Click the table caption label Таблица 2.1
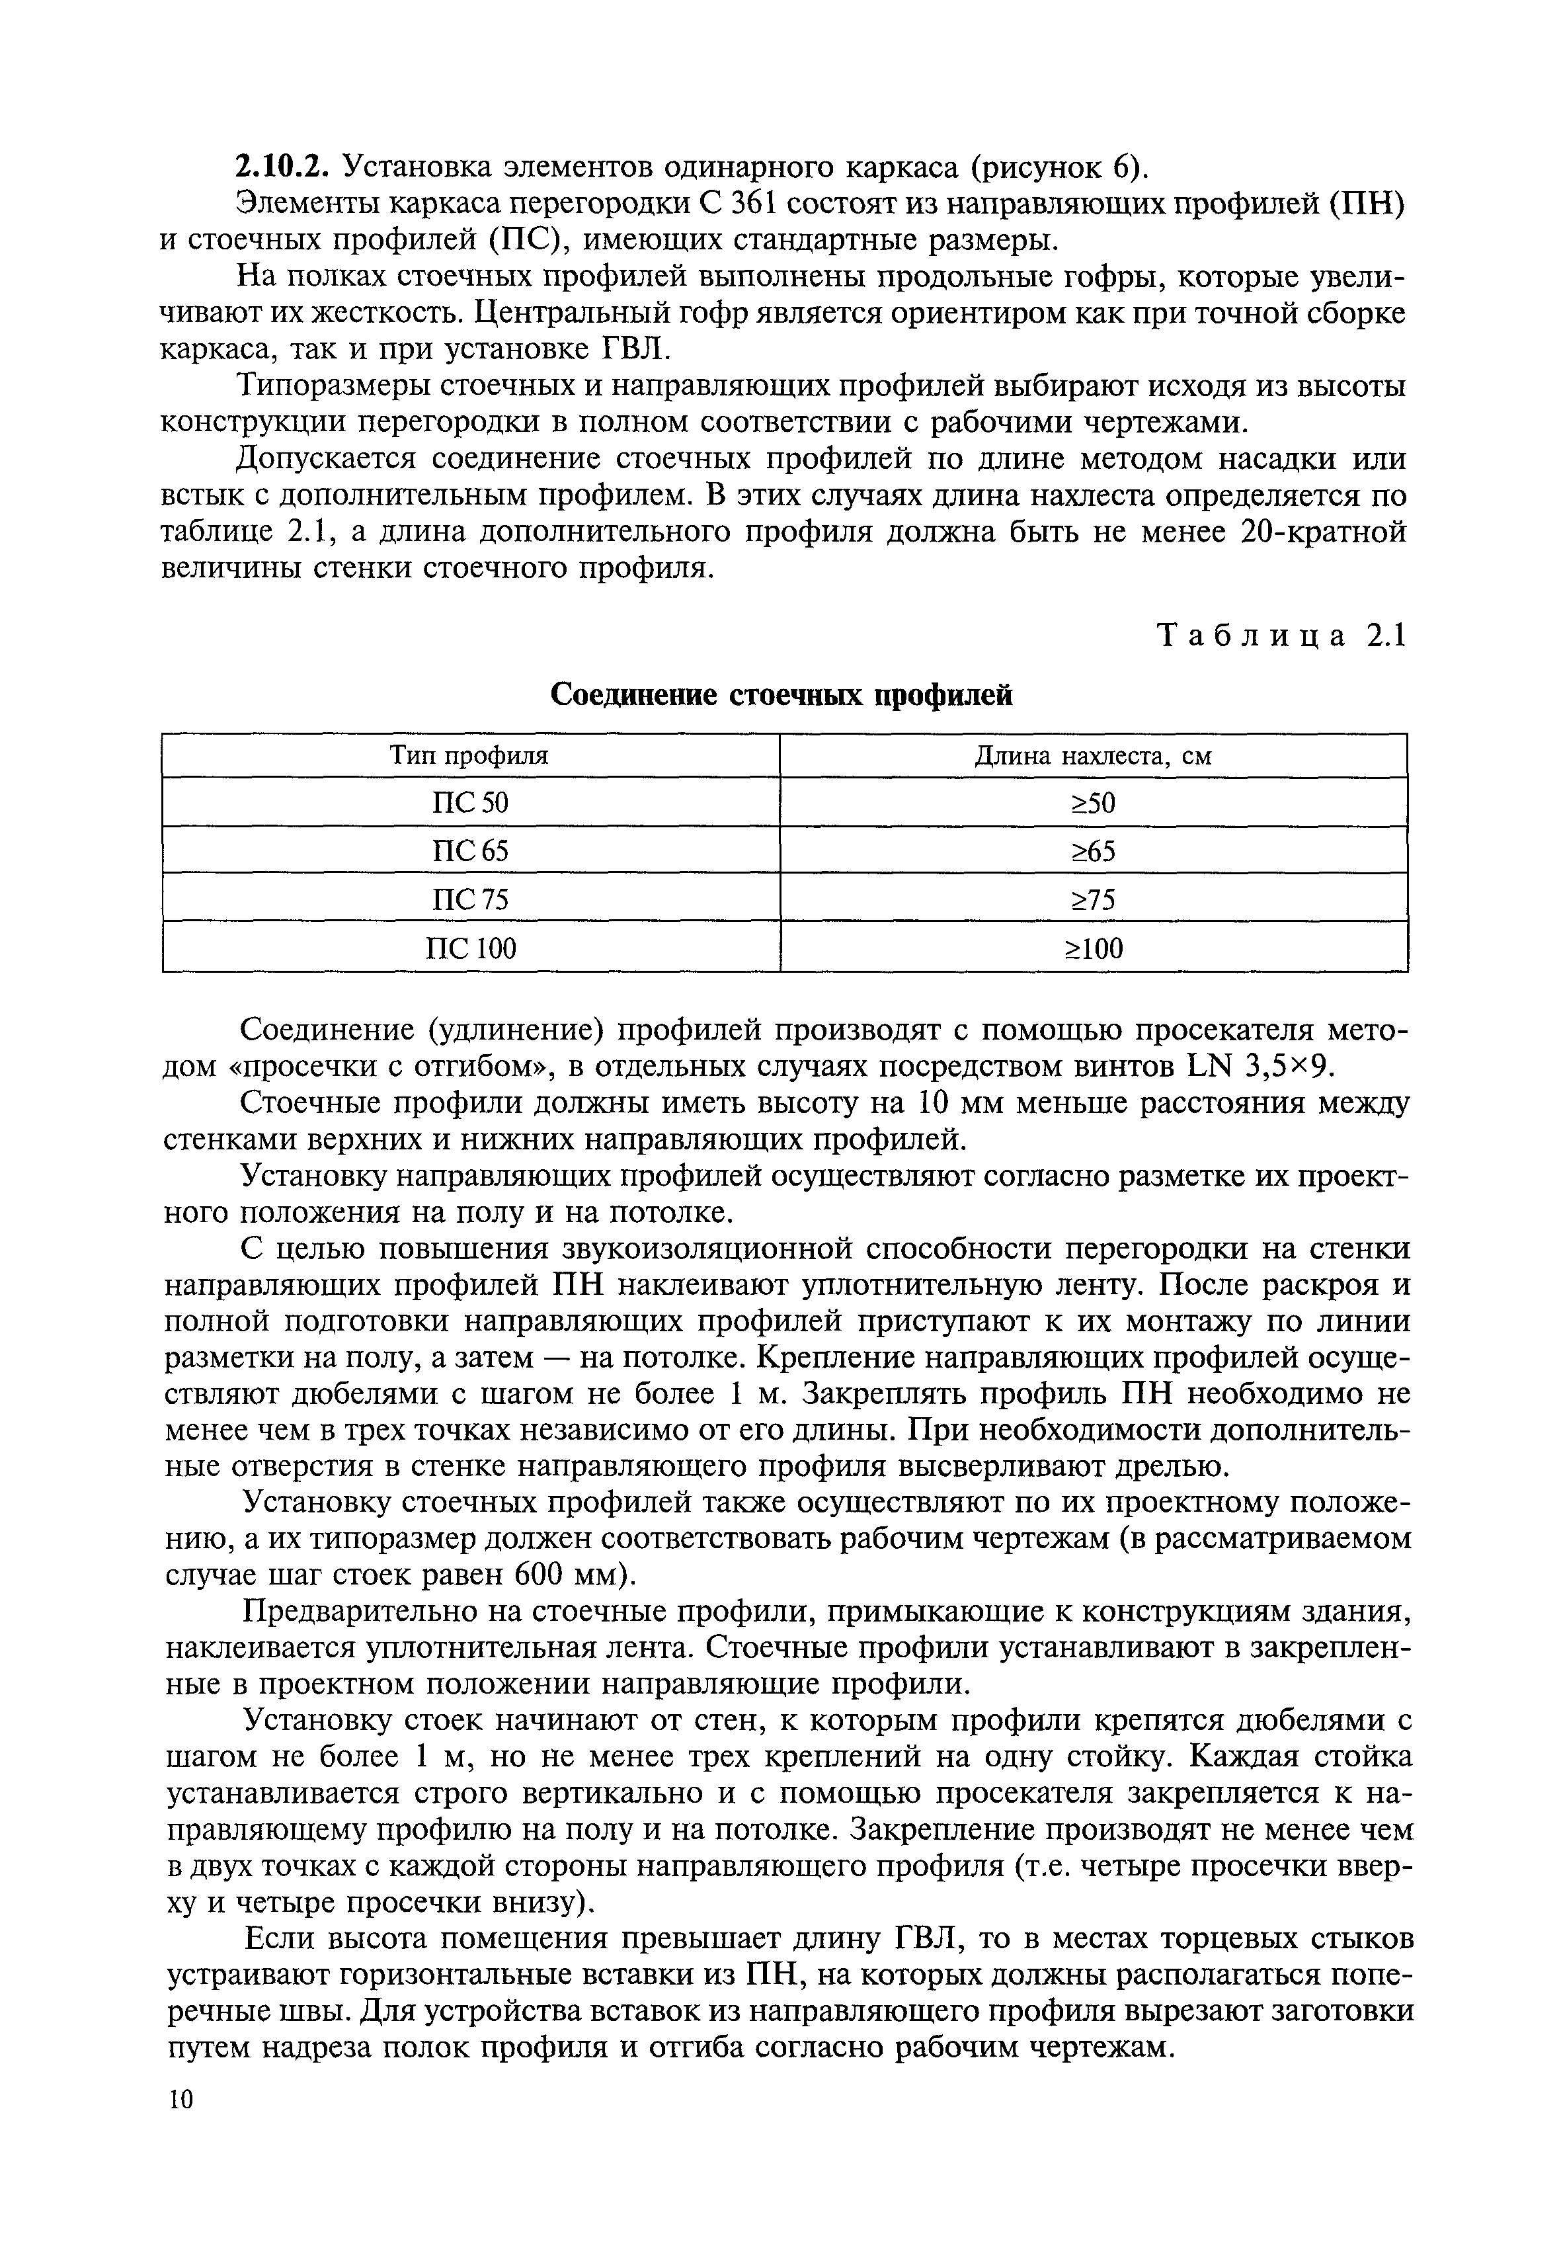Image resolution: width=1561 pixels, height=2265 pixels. coord(1282,637)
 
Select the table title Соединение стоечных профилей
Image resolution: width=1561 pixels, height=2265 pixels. coord(781,694)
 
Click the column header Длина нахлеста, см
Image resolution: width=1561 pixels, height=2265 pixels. coord(1094,757)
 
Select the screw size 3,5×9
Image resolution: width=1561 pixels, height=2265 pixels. coord(1278,1067)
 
